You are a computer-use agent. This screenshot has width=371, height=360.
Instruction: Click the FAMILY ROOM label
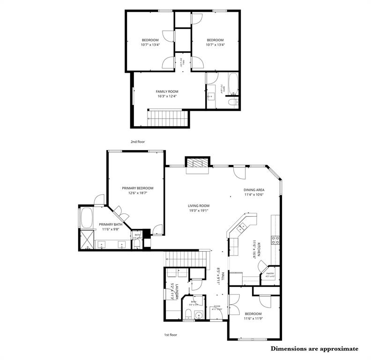tap(167, 91)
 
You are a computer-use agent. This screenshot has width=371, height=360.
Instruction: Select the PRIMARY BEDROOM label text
tap(137, 188)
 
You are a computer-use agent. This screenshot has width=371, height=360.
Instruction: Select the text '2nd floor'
tap(137, 141)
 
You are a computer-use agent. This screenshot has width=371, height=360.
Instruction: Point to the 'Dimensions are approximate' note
tap(314, 349)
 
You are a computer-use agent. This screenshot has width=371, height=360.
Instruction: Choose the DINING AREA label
tap(253, 190)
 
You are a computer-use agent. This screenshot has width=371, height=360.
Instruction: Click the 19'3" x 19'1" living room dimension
tap(199, 210)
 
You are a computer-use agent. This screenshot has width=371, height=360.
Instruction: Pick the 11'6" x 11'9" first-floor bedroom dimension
tap(252, 318)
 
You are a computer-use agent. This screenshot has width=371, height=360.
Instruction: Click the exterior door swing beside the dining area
tap(239, 172)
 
